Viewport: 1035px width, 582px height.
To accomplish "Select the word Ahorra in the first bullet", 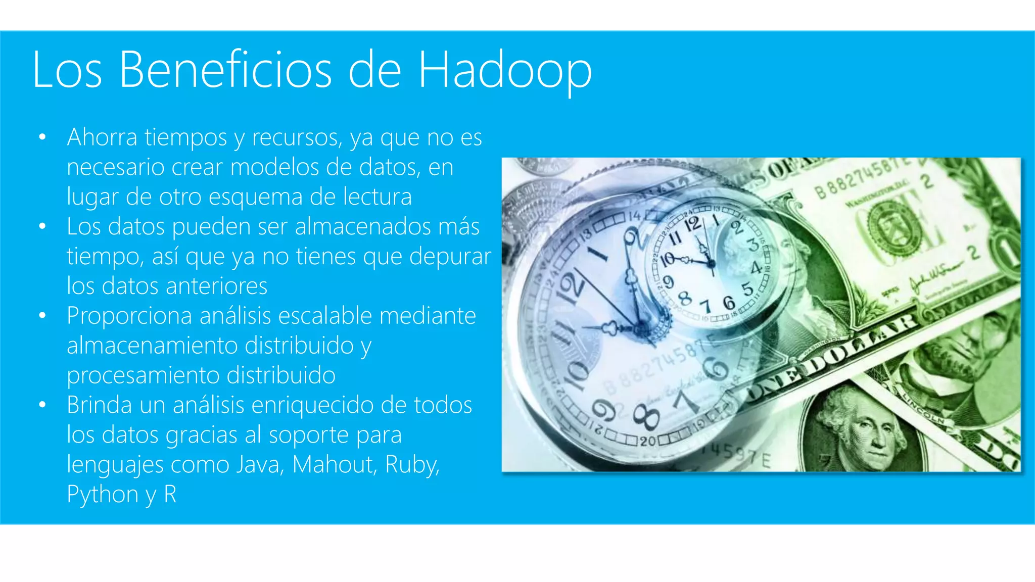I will click(102, 137).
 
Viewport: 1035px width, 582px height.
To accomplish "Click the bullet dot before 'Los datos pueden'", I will click(42, 226).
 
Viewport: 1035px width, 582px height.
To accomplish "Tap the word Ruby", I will click(412, 465).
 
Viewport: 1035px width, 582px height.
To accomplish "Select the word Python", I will click(103, 495).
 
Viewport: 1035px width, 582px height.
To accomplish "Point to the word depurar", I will click(450, 257).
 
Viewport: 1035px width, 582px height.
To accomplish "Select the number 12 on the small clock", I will click(692, 223).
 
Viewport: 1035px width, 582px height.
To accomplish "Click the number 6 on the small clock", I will click(728, 302).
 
